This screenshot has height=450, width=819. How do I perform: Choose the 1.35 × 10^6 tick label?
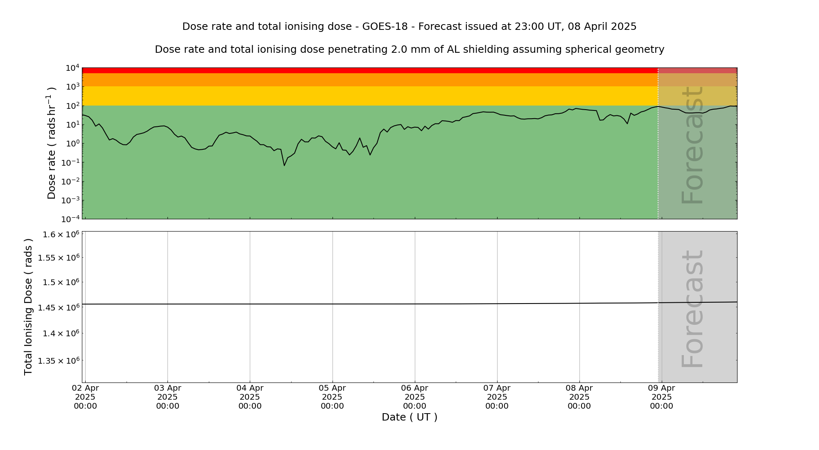[x=58, y=361]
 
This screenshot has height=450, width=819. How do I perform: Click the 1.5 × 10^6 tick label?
[x=60, y=283]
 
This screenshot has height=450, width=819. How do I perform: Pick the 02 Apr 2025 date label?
[x=85, y=397]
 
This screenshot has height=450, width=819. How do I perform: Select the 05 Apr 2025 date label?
[x=332, y=397]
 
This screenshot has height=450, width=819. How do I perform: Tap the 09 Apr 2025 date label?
[x=661, y=397]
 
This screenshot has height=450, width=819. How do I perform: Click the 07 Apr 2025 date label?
[x=497, y=397]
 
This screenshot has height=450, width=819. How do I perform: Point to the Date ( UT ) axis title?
[x=409, y=417]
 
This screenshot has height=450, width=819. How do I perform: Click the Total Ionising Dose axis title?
[x=28, y=307]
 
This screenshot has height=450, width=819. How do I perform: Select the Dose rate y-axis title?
[x=52, y=143]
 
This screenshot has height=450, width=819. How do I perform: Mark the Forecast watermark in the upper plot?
[x=692, y=145]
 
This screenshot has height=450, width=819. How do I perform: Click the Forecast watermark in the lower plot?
[x=692, y=309]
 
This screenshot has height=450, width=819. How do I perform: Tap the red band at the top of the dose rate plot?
[x=369, y=70]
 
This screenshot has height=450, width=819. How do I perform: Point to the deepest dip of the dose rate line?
[x=284, y=165]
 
